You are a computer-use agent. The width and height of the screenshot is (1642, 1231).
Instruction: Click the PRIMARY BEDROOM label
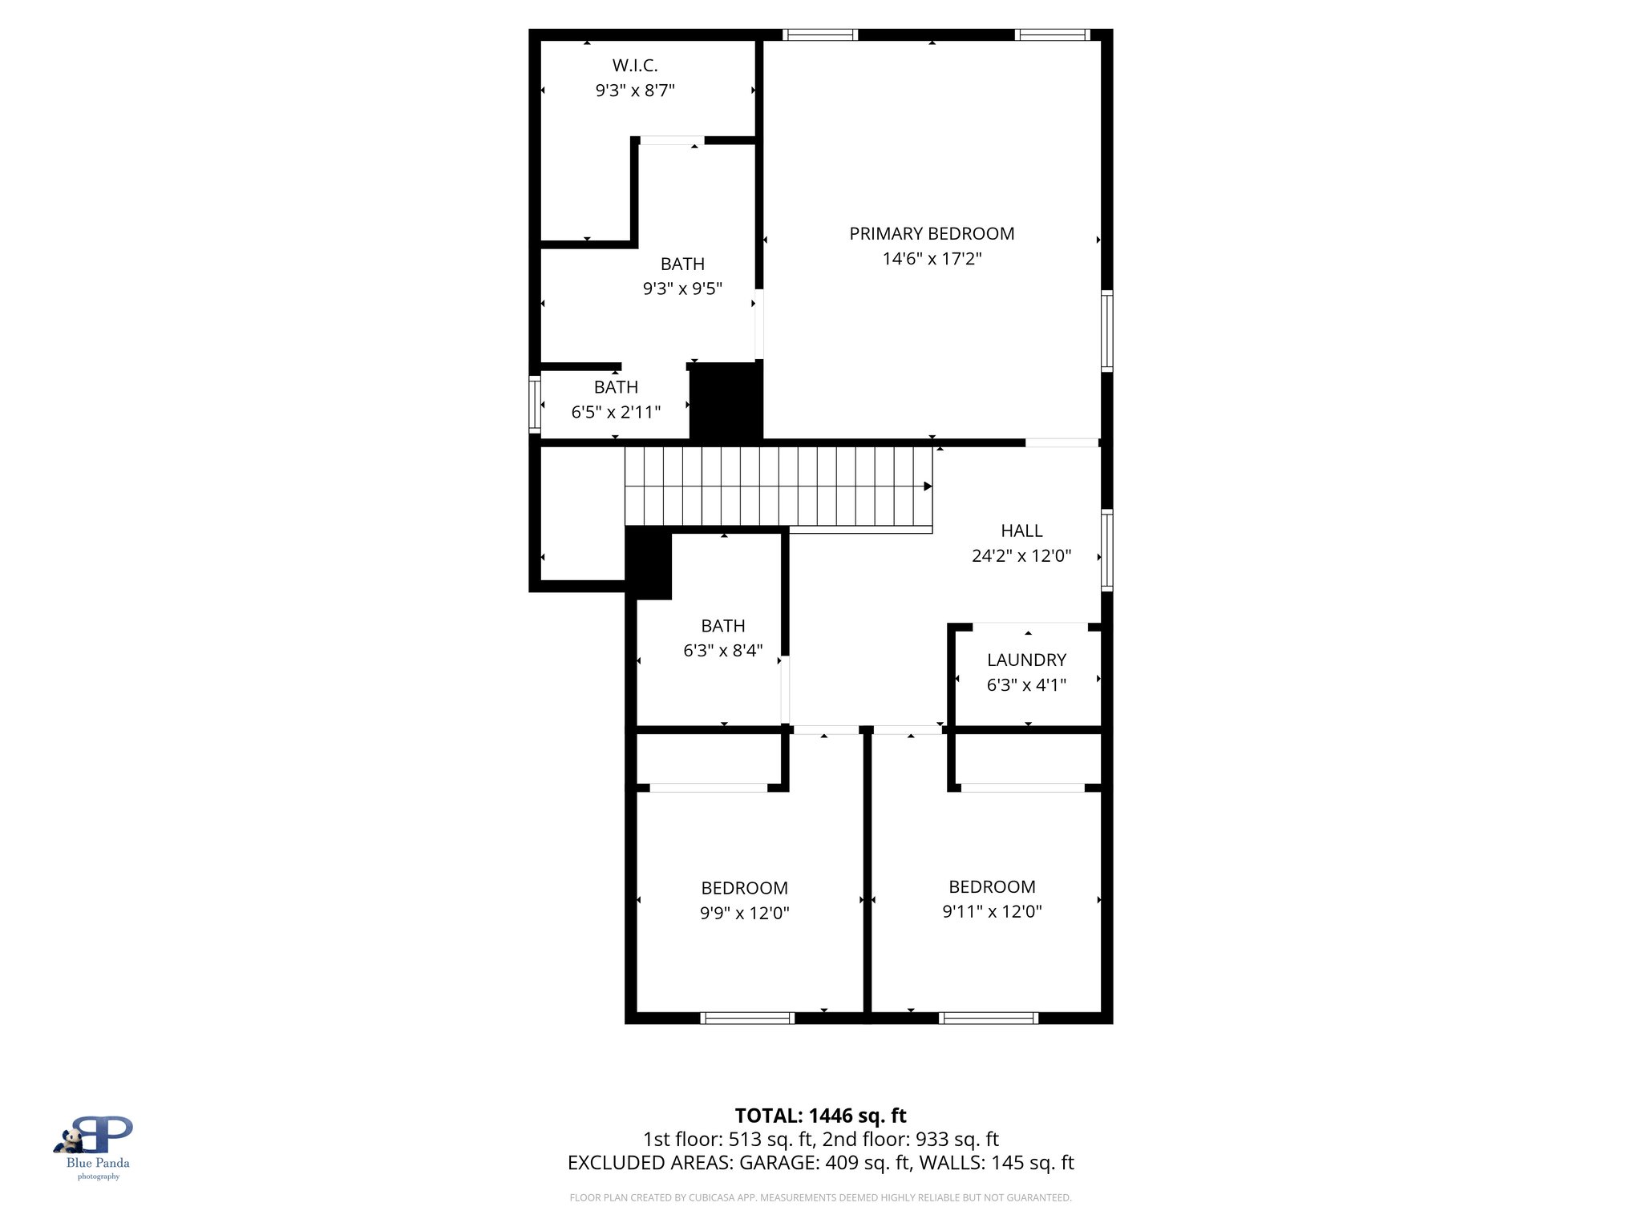pyautogui.click(x=932, y=233)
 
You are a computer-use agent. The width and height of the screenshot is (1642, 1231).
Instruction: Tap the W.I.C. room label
pyautogui.click(x=635, y=66)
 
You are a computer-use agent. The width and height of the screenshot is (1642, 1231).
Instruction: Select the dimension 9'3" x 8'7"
pyautogui.click(x=635, y=91)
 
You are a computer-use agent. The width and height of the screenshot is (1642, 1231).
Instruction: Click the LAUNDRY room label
pyautogui.click(x=1026, y=660)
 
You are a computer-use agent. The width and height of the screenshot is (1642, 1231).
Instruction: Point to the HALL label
pyautogui.click(x=1021, y=531)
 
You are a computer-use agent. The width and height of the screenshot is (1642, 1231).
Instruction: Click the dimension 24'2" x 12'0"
pyautogui.click(x=1021, y=555)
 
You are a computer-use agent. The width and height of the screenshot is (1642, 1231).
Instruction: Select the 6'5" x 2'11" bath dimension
pyautogui.click(x=616, y=412)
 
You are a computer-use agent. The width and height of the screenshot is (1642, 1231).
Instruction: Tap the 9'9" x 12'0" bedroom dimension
pyautogui.click(x=744, y=913)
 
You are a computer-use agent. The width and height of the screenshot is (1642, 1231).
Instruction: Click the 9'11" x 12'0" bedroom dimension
pyautogui.click(x=992, y=911)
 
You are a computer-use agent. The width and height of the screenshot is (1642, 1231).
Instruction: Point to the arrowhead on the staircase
pyautogui.click(x=928, y=486)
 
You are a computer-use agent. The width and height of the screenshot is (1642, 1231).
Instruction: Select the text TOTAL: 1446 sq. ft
pyautogui.click(x=820, y=1116)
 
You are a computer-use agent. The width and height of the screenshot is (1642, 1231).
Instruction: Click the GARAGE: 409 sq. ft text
pyautogui.click(x=824, y=1163)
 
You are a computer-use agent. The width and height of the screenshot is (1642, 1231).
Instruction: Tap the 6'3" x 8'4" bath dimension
pyautogui.click(x=722, y=651)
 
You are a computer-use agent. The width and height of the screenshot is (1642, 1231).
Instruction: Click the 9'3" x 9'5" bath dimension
pyautogui.click(x=682, y=289)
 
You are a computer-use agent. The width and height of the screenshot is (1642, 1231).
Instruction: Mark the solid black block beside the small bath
pyautogui.click(x=726, y=401)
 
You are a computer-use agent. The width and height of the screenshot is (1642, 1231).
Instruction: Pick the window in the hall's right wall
pyautogui.click(x=1106, y=550)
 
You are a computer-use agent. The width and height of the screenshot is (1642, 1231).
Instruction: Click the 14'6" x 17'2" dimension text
pyautogui.click(x=932, y=259)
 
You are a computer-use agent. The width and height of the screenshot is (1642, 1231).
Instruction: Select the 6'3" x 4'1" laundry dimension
pyautogui.click(x=1026, y=684)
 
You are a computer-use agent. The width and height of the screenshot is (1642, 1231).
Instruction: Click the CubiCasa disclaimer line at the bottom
pyautogui.click(x=820, y=1197)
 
